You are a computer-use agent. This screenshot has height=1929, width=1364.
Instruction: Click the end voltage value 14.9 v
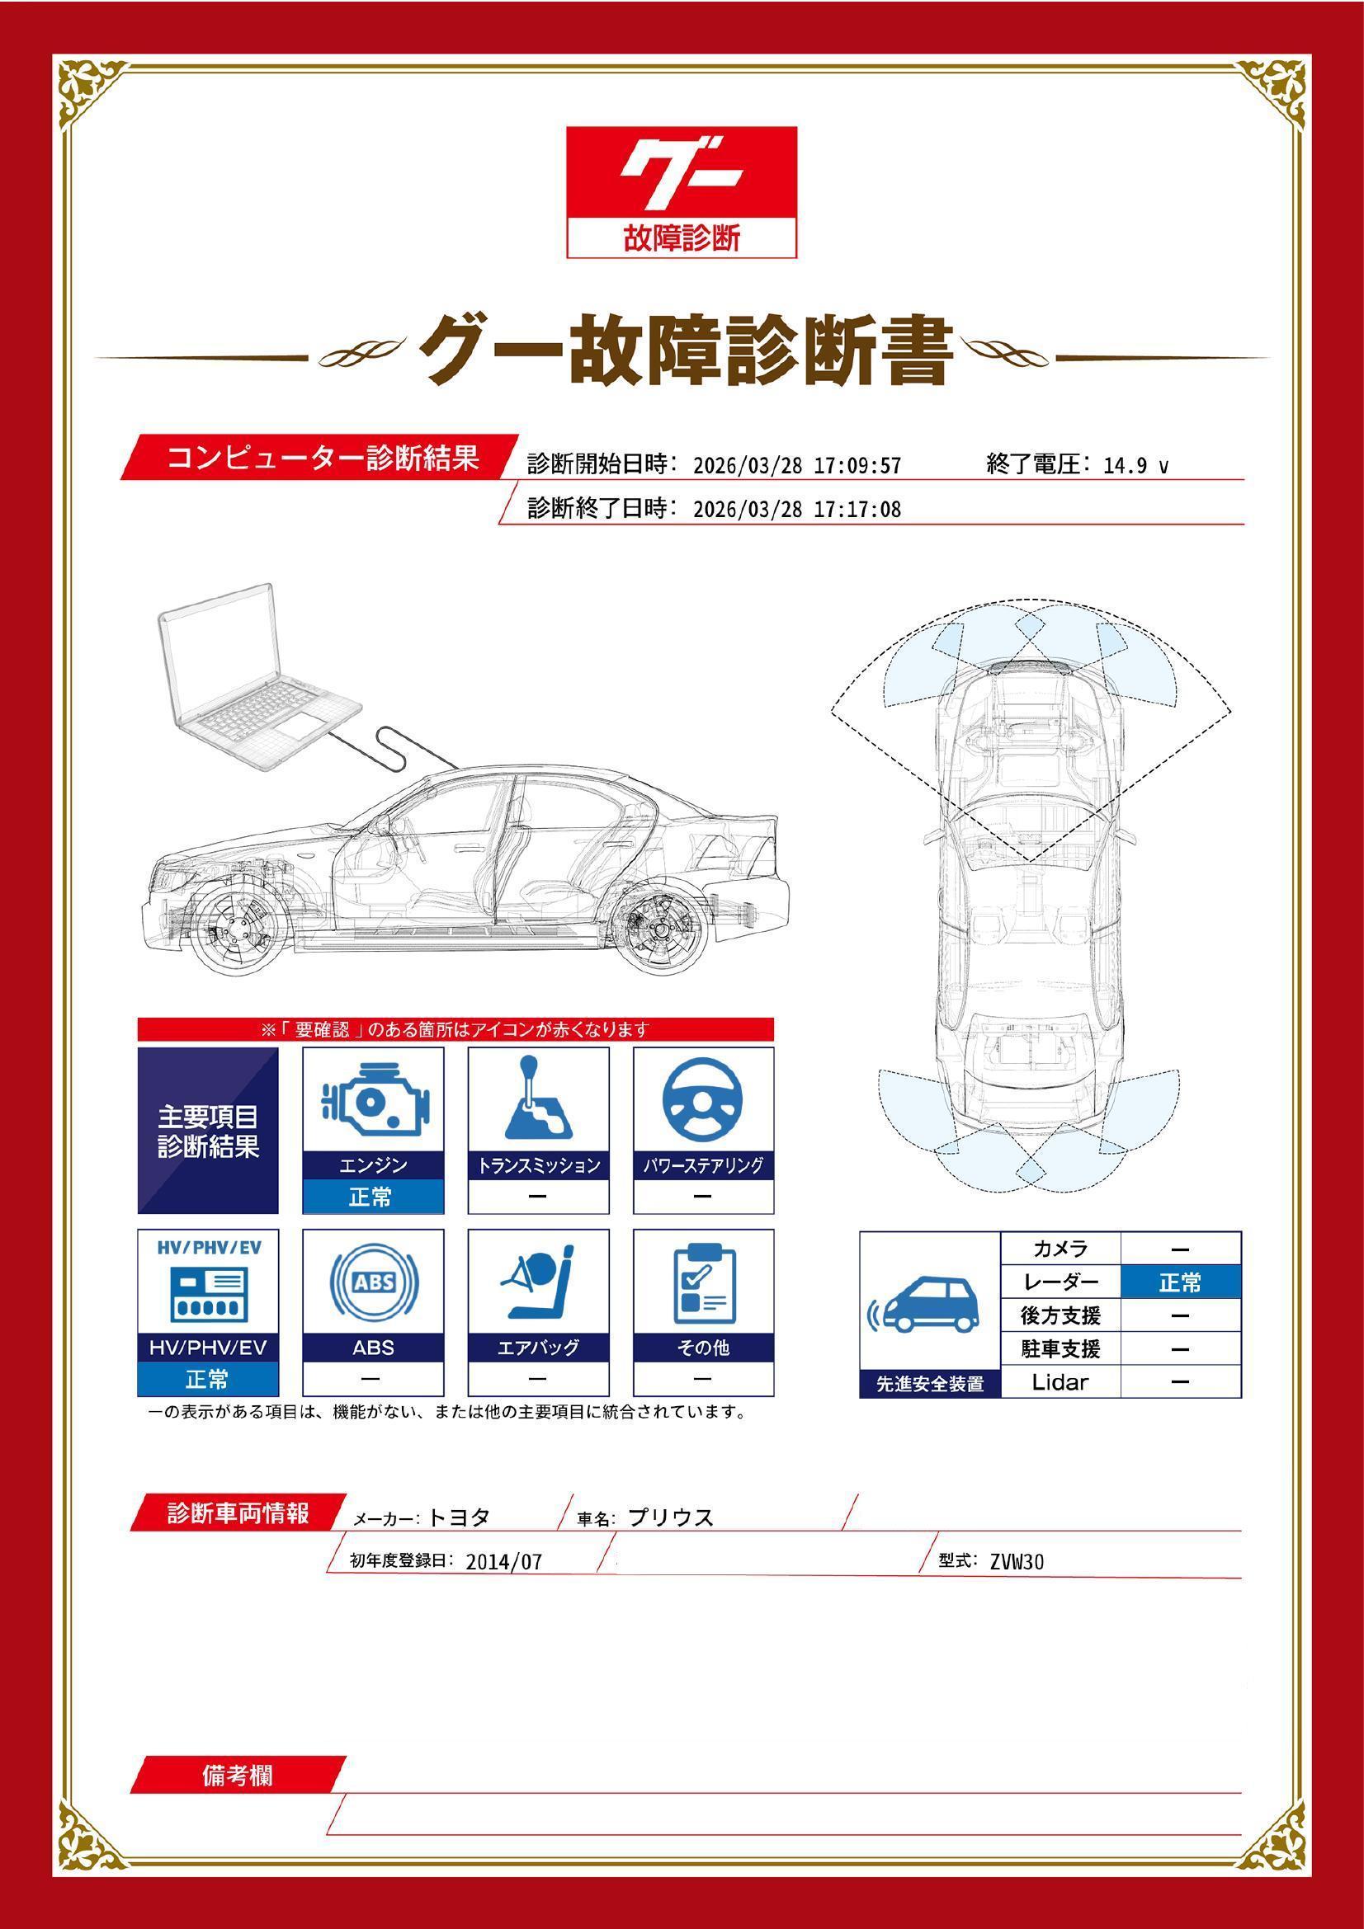pos(1135,466)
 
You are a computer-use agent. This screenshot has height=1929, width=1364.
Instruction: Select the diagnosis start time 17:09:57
pos(857,466)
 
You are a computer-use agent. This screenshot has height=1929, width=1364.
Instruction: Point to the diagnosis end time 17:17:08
pos(857,510)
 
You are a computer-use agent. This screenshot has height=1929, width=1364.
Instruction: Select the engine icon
pos(373,1101)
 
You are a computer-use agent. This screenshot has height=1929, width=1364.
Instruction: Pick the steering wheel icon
pos(703,1101)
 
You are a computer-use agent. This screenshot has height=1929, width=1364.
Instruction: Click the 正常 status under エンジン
pos(373,1197)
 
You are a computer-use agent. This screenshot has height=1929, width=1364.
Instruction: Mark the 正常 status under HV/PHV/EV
pos(208,1380)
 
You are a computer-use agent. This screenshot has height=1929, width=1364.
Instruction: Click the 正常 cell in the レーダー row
pos(1180,1283)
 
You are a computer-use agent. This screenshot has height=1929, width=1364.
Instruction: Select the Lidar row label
pos(1060,1382)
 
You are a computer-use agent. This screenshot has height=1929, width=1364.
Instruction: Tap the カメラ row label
pos(1060,1249)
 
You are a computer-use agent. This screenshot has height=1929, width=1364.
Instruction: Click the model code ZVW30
pos(1017,1562)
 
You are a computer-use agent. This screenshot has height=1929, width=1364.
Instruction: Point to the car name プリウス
pos(671,1518)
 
